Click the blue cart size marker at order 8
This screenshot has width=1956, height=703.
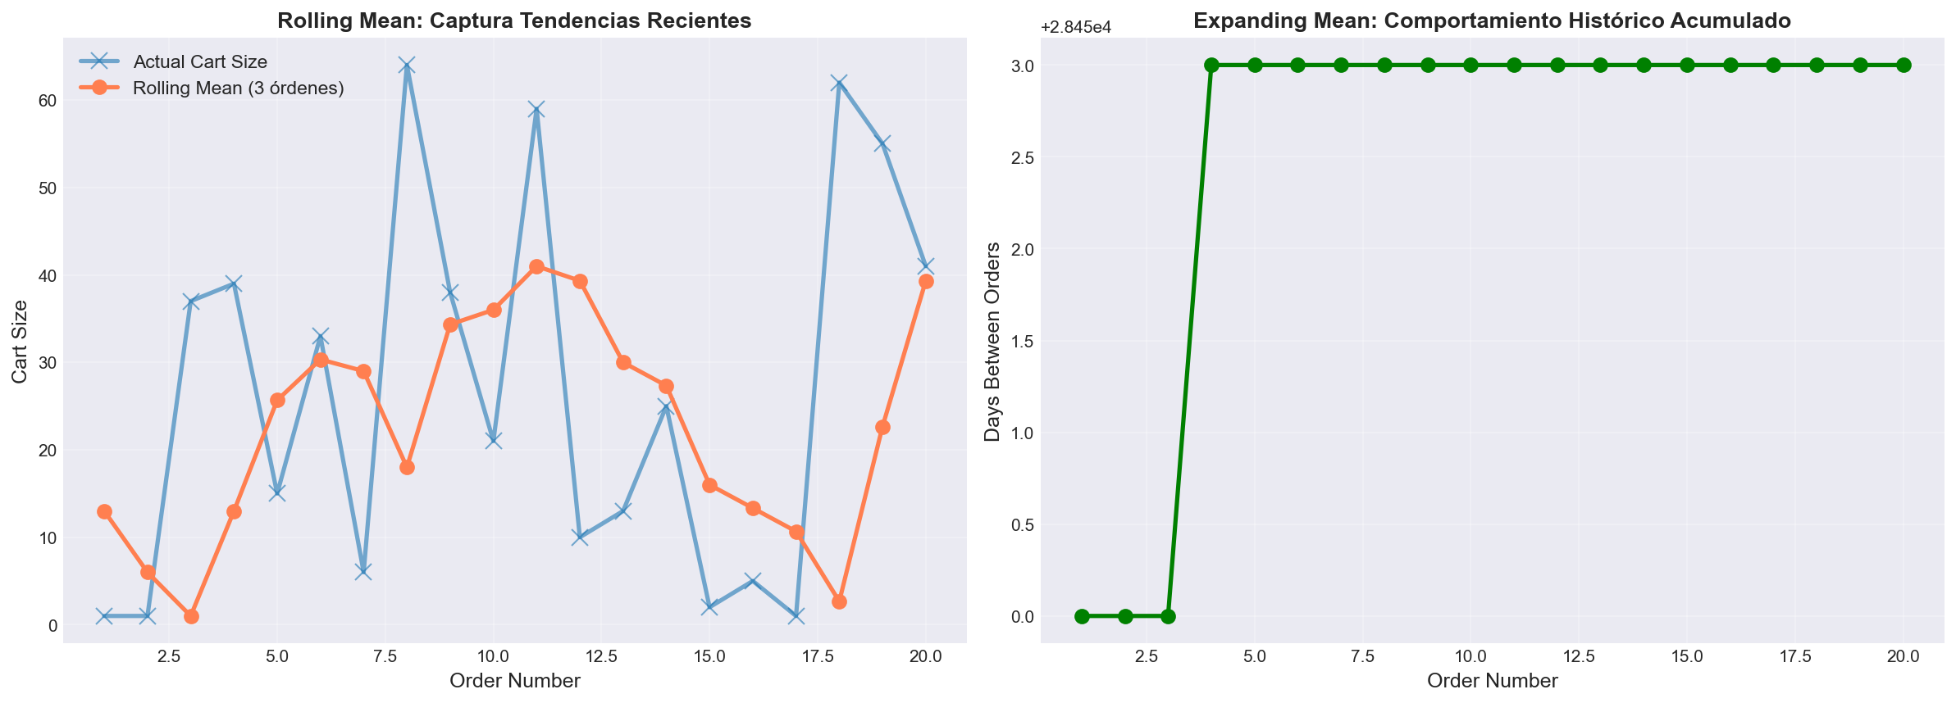(407, 66)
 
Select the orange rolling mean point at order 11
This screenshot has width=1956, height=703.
(536, 266)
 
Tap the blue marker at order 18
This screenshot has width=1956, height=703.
(839, 83)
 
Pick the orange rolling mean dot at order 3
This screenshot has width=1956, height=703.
(191, 616)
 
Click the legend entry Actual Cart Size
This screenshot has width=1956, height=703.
(200, 61)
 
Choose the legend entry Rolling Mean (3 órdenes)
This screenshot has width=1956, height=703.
(238, 88)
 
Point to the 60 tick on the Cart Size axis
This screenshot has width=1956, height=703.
(44, 101)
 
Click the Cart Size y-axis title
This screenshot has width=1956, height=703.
(21, 341)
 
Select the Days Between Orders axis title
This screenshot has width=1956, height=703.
(993, 341)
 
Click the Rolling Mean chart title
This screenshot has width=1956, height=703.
(514, 20)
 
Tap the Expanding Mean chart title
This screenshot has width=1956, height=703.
(1492, 20)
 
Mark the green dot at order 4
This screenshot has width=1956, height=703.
(1211, 65)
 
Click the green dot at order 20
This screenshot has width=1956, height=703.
(1904, 65)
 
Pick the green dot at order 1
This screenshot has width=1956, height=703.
(1082, 616)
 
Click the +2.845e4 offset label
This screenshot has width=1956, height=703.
(1076, 27)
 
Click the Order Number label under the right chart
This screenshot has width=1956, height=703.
(1492, 680)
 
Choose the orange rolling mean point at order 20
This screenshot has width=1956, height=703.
(926, 281)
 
